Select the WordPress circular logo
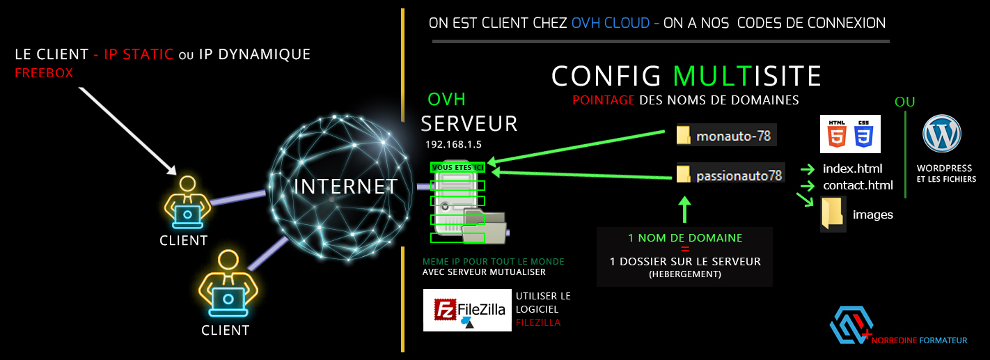point(941,134)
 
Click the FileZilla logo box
point(466,310)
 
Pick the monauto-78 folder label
point(733,136)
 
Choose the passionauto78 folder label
point(739,176)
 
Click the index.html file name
point(852,169)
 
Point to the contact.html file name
point(857,186)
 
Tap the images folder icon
point(833,214)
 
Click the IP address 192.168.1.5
point(454,144)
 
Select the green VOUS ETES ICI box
point(457,167)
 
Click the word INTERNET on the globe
point(345,187)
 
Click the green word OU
point(904,102)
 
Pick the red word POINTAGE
point(603,100)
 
